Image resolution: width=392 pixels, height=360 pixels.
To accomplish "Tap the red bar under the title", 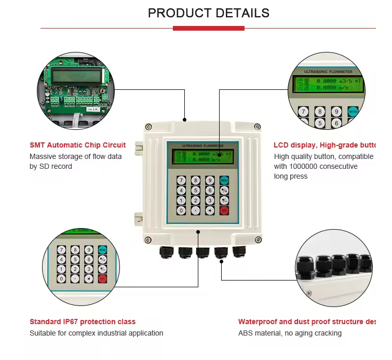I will [208, 28].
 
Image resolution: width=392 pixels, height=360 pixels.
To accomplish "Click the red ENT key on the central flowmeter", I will [224, 210].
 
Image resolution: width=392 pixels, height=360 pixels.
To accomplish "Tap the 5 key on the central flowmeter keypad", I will [196, 191].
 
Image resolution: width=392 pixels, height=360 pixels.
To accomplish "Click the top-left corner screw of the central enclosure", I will [150, 126].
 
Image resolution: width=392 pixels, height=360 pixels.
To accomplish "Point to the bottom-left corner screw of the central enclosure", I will [148, 239].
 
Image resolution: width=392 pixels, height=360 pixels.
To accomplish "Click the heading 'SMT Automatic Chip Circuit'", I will [77, 145].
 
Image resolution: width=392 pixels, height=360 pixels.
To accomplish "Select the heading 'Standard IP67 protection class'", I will [83, 322].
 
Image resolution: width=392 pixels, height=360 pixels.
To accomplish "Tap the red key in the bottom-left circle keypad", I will [102, 278].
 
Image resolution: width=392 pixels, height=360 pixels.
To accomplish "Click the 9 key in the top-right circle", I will [336, 112].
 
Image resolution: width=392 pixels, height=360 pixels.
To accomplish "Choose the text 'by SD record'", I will [51, 166].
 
